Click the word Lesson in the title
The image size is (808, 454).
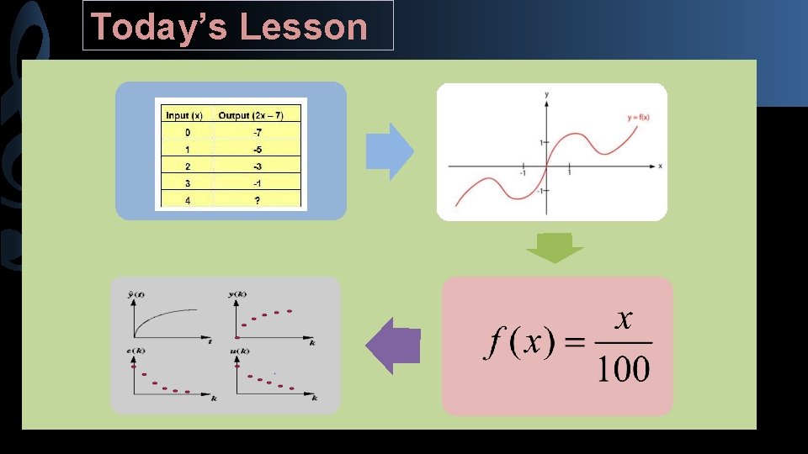tap(304, 26)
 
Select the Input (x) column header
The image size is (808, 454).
tap(183, 115)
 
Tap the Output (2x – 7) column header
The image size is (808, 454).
tap(257, 115)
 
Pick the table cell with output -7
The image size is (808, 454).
tap(257, 133)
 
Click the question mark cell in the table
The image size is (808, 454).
tap(257, 200)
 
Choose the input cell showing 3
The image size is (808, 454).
tap(187, 183)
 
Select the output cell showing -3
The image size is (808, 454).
tap(257, 166)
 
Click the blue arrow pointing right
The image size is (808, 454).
tap(391, 152)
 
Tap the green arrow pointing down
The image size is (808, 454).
tap(555, 248)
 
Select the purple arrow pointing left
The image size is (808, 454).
tap(392, 346)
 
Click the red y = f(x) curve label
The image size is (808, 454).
tap(637, 117)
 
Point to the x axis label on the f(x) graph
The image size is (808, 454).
tap(660, 166)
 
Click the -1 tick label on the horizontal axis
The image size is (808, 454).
tap(522, 174)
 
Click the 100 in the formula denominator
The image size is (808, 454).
tap(624, 368)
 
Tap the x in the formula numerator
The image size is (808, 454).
tap(624, 319)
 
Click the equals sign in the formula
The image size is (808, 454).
tap(575, 343)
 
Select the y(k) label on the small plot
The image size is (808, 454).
tap(237, 293)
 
